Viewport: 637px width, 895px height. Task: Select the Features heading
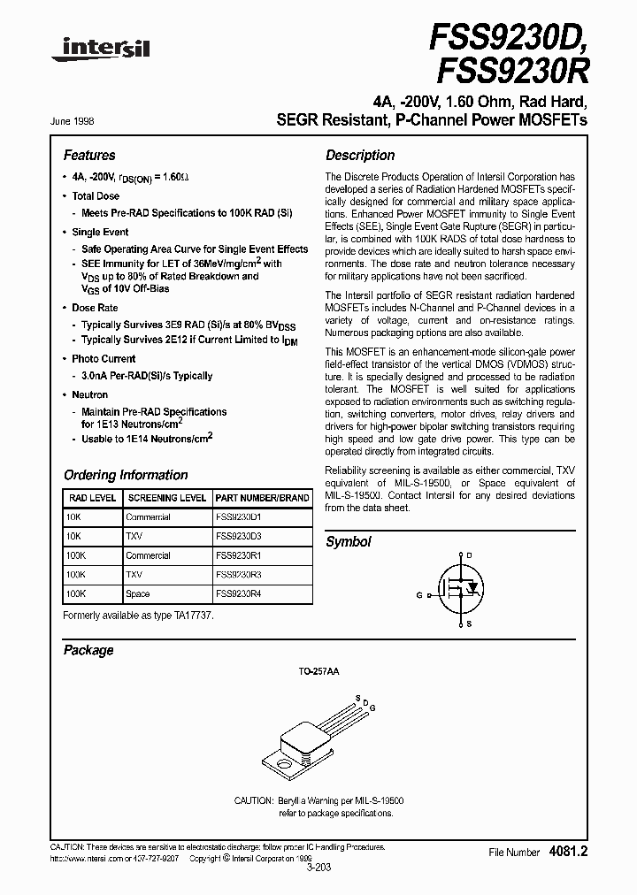tap(89, 155)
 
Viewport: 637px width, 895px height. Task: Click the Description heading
tap(360, 155)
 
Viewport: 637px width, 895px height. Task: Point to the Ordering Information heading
tap(126, 475)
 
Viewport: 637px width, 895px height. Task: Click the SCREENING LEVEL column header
tap(166, 498)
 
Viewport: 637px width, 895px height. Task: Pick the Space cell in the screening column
tap(138, 594)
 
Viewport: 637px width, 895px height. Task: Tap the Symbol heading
tap(349, 541)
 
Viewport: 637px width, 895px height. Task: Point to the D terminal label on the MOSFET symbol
tap(469, 555)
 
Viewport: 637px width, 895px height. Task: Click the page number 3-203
tap(318, 868)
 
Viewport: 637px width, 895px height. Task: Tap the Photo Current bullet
tap(104, 359)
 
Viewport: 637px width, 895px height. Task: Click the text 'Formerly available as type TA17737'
tap(139, 614)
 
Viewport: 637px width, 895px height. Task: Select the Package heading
tap(88, 650)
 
